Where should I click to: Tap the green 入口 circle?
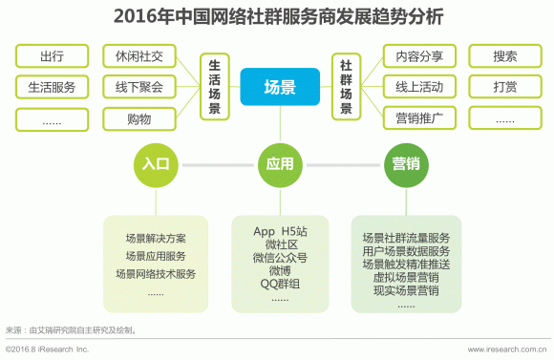tap(155, 163)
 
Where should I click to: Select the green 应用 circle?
tap(280, 163)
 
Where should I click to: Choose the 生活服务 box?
tap(53, 87)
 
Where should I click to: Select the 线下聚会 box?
tap(138, 87)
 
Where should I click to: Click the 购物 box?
tap(138, 118)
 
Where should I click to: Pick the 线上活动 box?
tap(419, 87)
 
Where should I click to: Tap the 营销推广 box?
tap(419, 118)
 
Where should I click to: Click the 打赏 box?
tap(505, 87)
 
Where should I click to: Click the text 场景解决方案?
tap(155, 238)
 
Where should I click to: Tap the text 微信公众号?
tap(280, 257)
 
